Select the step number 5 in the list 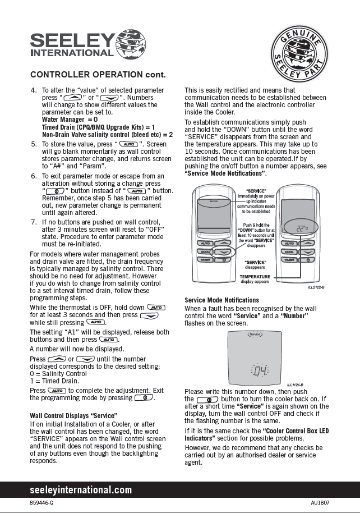click(34, 144)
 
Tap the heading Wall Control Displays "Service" click(73, 416)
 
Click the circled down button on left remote click(224, 252)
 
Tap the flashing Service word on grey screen click(255, 335)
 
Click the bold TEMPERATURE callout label click(255, 277)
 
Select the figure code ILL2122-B click(316, 287)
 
